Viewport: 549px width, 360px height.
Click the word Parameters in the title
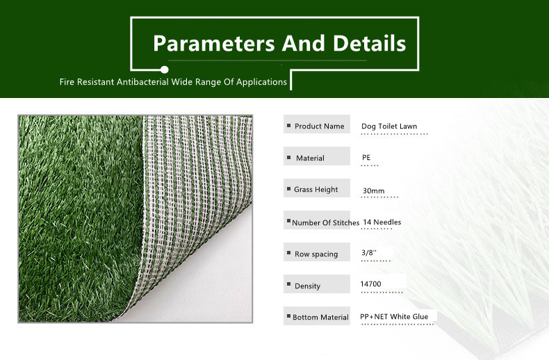(214, 44)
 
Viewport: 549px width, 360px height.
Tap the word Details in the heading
(370, 43)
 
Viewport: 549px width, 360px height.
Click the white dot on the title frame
(164, 69)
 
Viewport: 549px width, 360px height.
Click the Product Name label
(319, 126)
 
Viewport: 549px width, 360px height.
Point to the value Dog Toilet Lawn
(389, 126)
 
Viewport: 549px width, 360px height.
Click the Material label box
(316, 156)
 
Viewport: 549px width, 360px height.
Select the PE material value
(366, 158)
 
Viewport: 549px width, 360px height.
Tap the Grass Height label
(316, 190)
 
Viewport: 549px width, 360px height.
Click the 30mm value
(373, 191)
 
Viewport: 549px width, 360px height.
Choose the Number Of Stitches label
(326, 222)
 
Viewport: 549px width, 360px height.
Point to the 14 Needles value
(382, 222)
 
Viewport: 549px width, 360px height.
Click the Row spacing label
(316, 254)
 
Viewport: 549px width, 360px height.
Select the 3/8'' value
(369, 252)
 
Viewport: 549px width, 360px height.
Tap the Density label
(307, 286)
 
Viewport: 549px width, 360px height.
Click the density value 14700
(370, 284)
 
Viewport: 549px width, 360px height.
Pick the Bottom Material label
(320, 318)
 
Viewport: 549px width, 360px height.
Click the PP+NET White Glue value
(394, 317)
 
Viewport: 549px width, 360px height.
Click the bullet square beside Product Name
(289, 125)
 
